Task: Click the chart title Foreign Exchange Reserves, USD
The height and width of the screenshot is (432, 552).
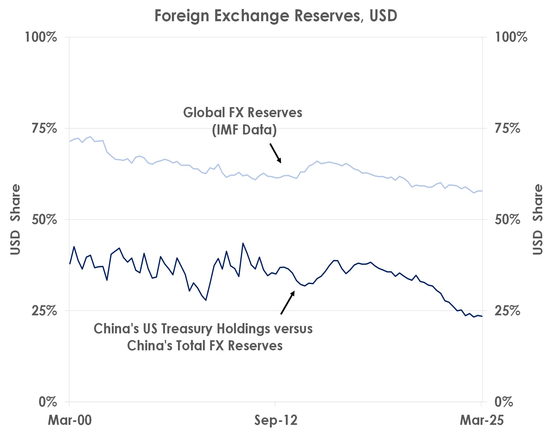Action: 276,16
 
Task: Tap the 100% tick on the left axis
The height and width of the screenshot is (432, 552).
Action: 41,37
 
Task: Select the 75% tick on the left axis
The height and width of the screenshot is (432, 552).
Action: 44,128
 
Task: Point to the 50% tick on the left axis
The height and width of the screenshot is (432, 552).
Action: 44,220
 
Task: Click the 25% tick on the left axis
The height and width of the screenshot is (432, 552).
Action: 44,311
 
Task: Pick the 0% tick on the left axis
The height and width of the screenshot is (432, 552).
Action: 48,402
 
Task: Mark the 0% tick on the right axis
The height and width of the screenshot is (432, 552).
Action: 504,402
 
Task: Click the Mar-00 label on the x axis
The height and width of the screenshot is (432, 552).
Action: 70,420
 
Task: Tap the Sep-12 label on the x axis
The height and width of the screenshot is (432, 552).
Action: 276,420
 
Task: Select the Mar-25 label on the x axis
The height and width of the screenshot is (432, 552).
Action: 482,420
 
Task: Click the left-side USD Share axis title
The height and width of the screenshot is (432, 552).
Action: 15,220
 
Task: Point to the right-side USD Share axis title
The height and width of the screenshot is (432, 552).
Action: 538,220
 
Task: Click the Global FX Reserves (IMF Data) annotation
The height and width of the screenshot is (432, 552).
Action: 243,121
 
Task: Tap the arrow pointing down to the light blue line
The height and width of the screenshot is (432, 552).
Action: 275,153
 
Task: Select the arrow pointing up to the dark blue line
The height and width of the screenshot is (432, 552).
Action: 287,303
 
